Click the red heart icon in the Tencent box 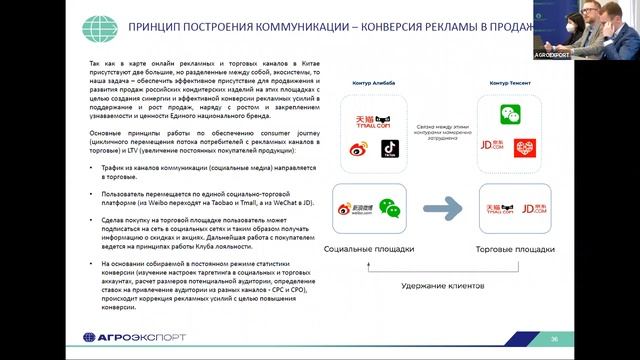[525, 148]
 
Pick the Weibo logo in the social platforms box [349, 206]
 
